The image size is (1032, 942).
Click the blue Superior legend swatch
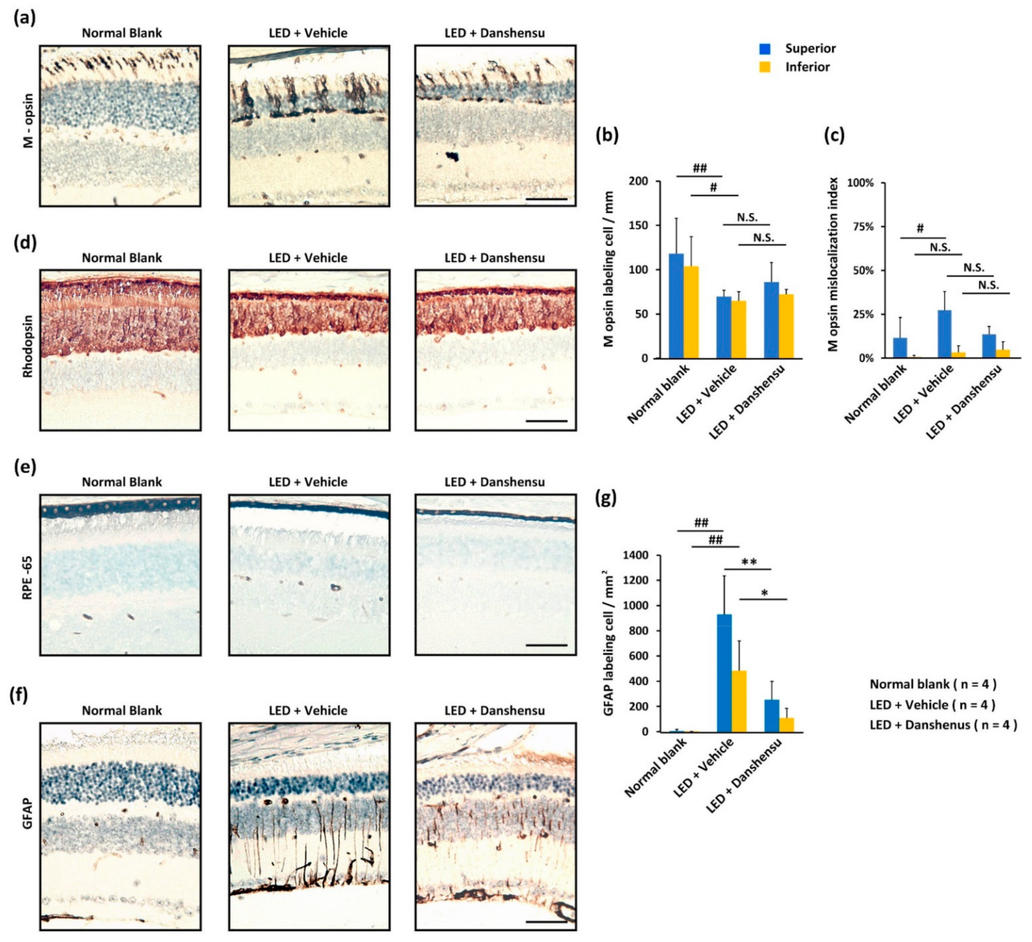765,49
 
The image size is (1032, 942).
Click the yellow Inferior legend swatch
765,67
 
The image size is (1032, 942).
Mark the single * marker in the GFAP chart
764,593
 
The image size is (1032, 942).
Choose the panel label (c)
834,135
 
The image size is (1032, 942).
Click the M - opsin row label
28,120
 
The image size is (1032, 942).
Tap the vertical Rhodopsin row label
28,346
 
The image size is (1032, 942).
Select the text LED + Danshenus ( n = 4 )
943,725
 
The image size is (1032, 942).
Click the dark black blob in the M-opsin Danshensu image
453,155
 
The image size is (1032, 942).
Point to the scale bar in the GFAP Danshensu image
546,920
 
